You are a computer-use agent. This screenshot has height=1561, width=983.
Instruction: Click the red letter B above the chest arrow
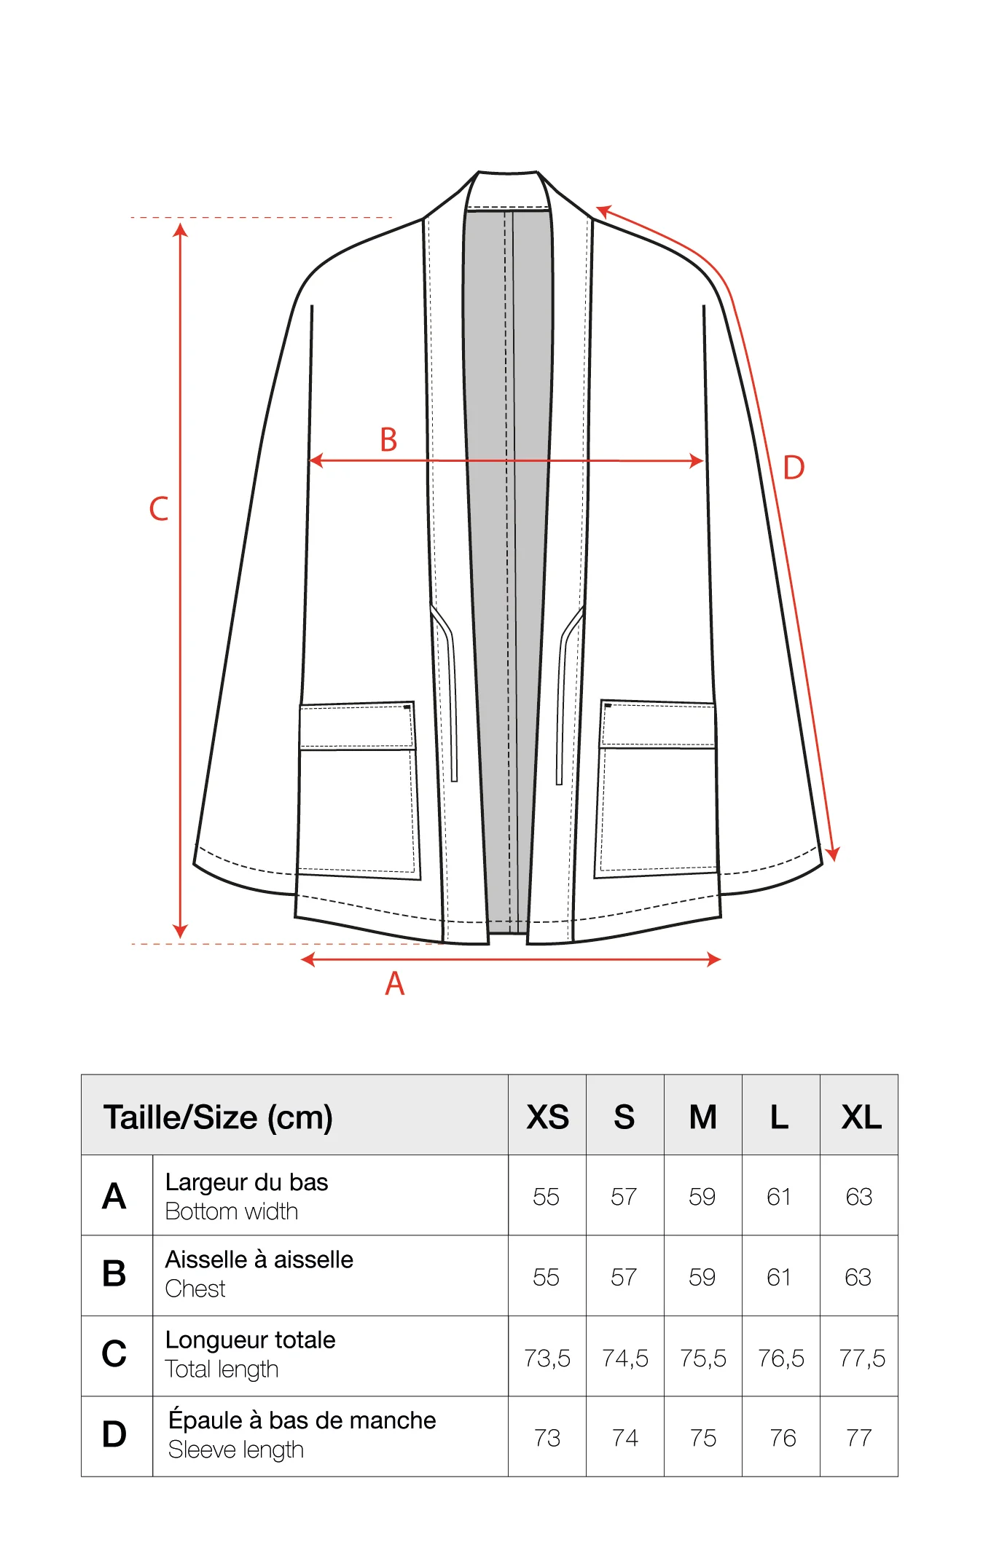pyautogui.click(x=388, y=440)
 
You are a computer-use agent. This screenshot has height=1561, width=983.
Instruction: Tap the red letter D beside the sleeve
pyautogui.click(x=794, y=468)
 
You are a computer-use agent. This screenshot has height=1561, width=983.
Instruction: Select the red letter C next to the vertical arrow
pyautogui.click(x=159, y=508)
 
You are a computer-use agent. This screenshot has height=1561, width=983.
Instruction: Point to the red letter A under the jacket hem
pyautogui.click(x=394, y=983)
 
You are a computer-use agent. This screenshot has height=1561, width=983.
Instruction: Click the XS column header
pyautogui.click(x=547, y=1117)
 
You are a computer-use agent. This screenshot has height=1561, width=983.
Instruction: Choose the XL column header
pyautogui.click(x=861, y=1117)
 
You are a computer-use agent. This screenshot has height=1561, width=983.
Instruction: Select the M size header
pyautogui.click(x=703, y=1117)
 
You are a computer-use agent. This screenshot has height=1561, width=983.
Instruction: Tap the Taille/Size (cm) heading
pyautogui.click(x=218, y=1117)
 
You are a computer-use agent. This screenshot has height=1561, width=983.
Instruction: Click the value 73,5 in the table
pyautogui.click(x=547, y=1358)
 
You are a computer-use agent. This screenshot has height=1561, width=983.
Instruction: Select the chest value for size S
pyautogui.click(x=624, y=1277)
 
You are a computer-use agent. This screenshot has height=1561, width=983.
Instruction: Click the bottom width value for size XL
pyautogui.click(x=859, y=1197)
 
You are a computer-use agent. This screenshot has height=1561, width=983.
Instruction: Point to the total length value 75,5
pyautogui.click(x=703, y=1358)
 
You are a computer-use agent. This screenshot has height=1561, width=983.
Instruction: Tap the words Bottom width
pyautogui.click(x=232, y=1211)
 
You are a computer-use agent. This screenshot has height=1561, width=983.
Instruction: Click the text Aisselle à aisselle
pyautogui.click(x=259, y=1259)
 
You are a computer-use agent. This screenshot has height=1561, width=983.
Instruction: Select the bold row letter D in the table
pyautogui.click(x=114, y=1434)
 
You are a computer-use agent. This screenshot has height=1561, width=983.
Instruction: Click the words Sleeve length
pyautogui.click(x=236, y=1450)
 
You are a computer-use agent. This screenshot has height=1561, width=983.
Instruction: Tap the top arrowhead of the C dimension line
pyautogui.click(x=181, y=230)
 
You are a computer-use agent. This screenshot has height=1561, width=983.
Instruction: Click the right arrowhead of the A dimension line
pyautogui.click(x=713, y=959)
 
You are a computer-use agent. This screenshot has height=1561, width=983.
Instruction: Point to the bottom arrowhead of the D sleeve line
pyautogui.click(x=833, y=854)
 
